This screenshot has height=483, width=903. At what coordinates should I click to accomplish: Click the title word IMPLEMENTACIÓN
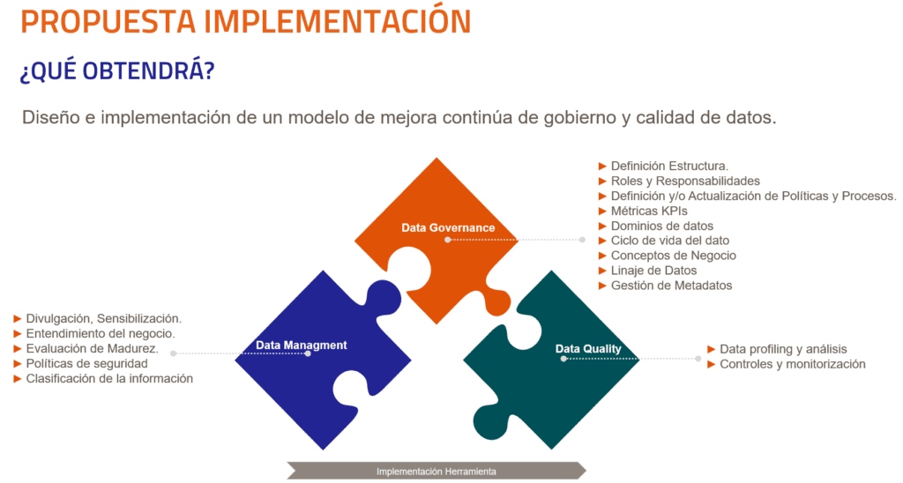[x=338, y=21]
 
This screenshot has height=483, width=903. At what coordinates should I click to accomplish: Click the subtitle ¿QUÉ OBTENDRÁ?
[x=117, y=71]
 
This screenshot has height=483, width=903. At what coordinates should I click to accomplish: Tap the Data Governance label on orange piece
[x=448, y=228]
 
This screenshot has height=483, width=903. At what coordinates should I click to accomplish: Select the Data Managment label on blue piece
[x=302, y=346]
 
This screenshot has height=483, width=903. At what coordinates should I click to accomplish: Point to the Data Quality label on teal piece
[x=588, y=349]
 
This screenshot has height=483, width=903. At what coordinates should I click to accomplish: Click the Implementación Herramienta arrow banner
[x=436, y=471]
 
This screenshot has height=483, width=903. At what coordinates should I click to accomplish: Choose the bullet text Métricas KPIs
[x=649, y=212]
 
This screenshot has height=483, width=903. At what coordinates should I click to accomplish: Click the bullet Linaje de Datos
[x=653, y=271]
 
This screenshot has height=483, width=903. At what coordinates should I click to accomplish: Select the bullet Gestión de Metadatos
[x=671, y=286]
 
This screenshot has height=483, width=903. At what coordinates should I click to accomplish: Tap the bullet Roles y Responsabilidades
[x=685, y=182]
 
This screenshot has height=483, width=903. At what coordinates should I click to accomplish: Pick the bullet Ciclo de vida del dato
[x=670, y=241]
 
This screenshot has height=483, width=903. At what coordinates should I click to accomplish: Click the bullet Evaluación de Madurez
[x=92, y=349]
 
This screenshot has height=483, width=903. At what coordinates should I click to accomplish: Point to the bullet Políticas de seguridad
[x=87, y=364]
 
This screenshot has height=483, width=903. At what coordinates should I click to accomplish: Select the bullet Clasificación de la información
[x=109, y=379]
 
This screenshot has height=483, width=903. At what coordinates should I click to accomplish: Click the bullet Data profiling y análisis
[x=783, y=349]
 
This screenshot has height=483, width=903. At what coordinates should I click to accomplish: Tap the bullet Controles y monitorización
[x=793, y=364]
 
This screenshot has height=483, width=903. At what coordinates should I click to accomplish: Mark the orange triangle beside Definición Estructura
[x=602, y=167]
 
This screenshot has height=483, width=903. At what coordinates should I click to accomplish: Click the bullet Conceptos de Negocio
[x=673, y=256]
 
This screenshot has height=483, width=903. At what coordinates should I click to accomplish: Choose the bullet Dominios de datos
[x=661, y=227]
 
